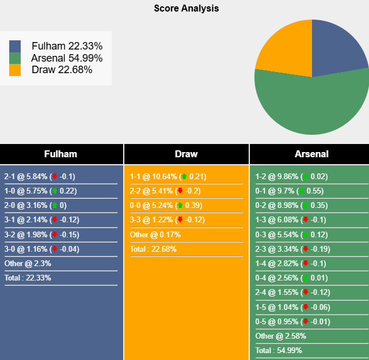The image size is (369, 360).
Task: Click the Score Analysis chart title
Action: [186, 9]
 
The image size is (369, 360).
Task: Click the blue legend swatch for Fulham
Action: [15, 46]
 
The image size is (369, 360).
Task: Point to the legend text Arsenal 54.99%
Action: [67, 58]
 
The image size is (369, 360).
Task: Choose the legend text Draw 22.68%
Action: [62, 70]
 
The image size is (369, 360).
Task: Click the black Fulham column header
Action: [61, 154]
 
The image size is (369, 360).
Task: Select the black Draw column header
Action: [186, 154]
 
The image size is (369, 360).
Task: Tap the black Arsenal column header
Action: [311, 154]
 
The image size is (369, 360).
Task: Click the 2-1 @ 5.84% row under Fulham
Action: [40, 176]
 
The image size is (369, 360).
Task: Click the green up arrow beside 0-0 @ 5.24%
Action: [180, 206]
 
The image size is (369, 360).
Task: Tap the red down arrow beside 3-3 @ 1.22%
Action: [180, 220]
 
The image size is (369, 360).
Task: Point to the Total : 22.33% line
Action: [28, 278]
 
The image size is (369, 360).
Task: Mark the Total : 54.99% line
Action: [279, 350]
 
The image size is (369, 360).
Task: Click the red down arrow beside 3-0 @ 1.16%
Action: [55, 249]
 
